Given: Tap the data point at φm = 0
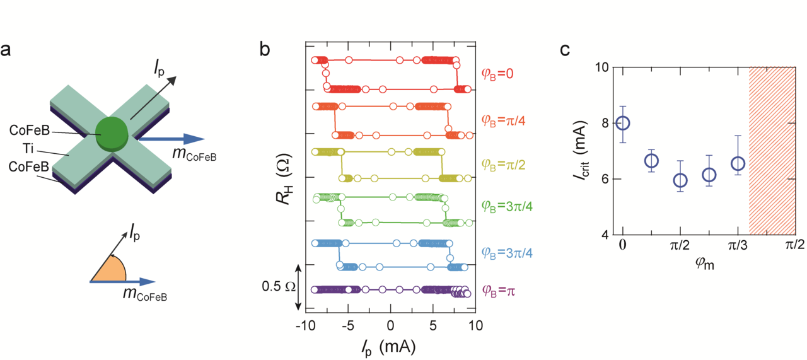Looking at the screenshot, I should click(x=623, y=123).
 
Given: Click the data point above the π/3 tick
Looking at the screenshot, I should click(x=738, y=163).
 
